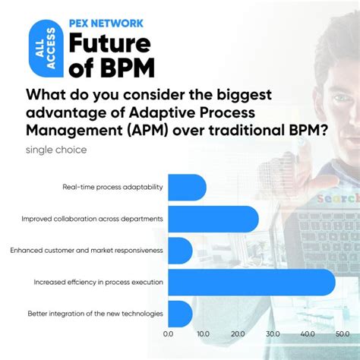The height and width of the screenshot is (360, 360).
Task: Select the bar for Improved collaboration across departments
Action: pos(213,219)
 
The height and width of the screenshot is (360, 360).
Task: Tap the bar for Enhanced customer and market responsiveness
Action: pos(180,250)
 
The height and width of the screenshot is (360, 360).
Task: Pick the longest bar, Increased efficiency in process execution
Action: pos(251,282)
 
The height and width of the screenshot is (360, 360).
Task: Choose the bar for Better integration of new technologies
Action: pos(180,313)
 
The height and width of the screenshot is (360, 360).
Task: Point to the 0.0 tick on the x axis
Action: pos(169,333)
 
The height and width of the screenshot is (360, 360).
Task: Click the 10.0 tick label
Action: pos(204,333)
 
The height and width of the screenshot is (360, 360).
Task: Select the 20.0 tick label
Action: pos(238,333)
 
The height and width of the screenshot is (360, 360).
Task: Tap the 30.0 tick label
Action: pos(273,333)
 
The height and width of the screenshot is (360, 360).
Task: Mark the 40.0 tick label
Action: pos(308,333)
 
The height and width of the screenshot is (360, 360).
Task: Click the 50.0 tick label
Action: pos(343,333)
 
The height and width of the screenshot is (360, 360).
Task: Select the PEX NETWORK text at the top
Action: pos(106,23)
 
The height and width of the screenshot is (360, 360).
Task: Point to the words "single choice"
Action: pos(56,150)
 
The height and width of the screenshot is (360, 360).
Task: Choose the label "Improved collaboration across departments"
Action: pos(92,219)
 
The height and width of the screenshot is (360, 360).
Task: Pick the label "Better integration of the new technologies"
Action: pos(95,313)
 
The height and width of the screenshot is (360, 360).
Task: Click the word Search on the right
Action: pos(338,198)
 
